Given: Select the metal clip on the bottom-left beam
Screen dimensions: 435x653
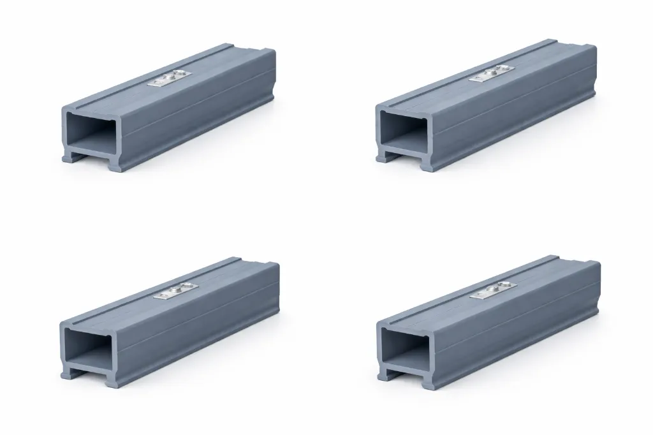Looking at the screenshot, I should pyautogui.click(x=174, y=291).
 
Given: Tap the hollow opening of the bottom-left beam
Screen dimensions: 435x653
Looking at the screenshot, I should pyautogui.click(x=91, y=347).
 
